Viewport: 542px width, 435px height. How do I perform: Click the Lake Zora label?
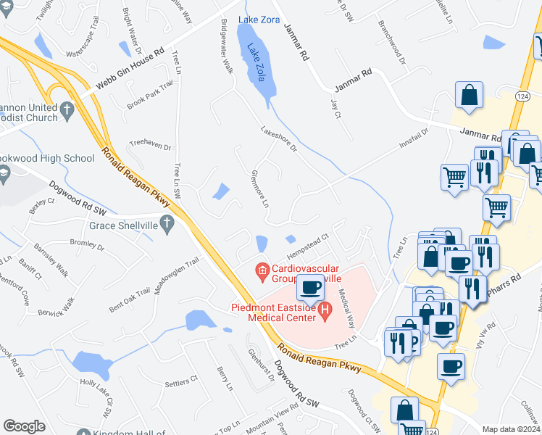click(259, 20)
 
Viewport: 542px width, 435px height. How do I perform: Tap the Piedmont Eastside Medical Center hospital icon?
click(325, 312)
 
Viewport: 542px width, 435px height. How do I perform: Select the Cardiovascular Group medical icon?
click(262, 273)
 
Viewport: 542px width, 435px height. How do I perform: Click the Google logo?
click(24, 426)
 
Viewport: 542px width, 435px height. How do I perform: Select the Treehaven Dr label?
click(149, 146)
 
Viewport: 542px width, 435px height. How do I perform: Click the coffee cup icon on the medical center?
click(311, 287)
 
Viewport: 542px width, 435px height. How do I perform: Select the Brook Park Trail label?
click(150, 94)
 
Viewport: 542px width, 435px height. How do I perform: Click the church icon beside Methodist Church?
click(67, 112)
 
